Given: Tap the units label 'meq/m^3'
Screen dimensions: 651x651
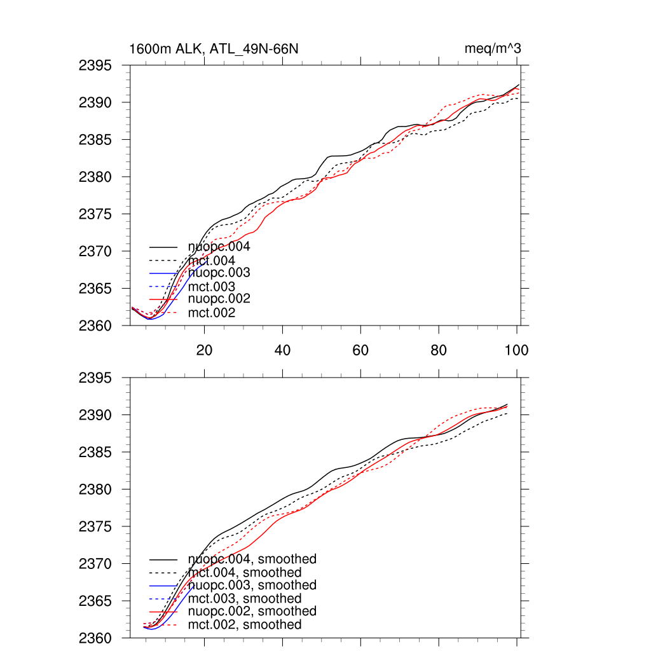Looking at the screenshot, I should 493,49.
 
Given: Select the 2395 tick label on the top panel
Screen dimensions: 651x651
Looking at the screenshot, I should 95,65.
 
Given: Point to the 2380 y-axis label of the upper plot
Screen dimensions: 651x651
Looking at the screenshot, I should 95,177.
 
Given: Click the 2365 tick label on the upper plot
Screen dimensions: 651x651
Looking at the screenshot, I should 95,289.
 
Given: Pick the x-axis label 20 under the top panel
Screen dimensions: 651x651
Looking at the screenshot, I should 204,350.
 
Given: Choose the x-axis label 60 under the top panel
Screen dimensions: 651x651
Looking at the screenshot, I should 360,350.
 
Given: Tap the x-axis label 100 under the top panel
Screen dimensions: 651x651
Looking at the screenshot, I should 516,350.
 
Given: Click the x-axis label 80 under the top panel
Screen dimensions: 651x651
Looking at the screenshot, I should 439,350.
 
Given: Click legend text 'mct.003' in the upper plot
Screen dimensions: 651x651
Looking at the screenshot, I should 212,287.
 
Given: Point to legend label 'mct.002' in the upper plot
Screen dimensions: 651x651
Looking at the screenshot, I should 212,313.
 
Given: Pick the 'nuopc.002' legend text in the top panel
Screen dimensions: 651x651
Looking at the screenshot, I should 219,299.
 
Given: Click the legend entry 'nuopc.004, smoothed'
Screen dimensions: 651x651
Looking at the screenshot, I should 252,559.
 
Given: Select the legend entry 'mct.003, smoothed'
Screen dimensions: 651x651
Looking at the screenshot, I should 245,598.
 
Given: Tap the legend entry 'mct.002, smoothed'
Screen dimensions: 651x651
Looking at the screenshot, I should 245,625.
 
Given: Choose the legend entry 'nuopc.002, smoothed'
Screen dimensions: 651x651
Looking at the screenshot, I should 252,611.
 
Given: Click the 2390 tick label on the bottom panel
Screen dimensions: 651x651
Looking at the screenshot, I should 95,415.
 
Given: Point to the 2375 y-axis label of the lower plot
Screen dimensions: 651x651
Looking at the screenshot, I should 95,527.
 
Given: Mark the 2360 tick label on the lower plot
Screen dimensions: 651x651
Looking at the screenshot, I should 95,638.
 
